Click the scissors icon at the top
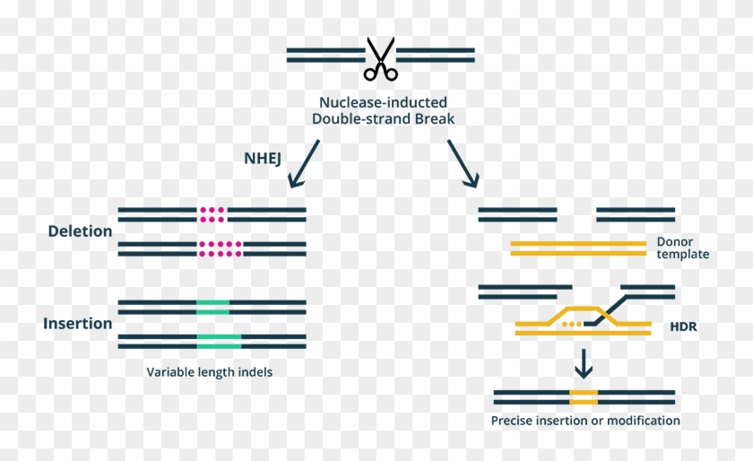(380, 59)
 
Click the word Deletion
(80, 231)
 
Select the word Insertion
(77, 324)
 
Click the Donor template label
(682, 248)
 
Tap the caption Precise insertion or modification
(584, 421)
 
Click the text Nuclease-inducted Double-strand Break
(380, 111)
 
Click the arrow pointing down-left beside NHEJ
(303, 163)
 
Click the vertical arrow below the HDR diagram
(584, 362)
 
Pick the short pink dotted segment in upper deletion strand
(212, 213)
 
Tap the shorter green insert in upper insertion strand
(212, 307)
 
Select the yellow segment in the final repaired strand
(584, 396)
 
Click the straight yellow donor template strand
(577, 248)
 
